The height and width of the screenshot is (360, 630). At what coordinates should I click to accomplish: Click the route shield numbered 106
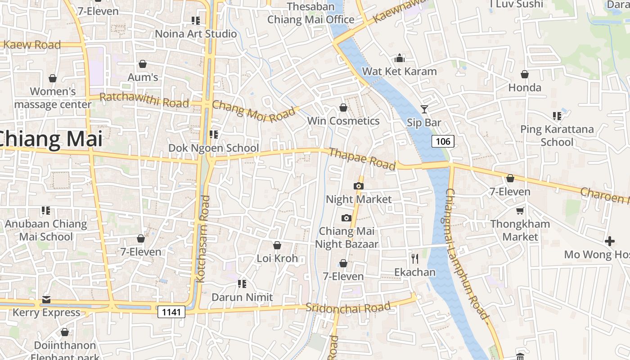coord(443,141)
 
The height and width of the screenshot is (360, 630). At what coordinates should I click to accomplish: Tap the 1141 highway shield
coord(171,312)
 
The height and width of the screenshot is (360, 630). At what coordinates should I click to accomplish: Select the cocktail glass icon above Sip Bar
coord(424,109)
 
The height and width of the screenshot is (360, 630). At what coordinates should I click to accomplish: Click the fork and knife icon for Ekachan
coord(415,259)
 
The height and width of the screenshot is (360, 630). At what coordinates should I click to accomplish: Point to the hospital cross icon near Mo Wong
coord(610,241)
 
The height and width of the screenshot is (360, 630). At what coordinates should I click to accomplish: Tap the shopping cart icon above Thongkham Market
coord(520,211)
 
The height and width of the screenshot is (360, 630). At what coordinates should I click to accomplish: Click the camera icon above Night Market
coord(359,186)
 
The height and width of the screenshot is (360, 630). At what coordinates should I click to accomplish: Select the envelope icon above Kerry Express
coord(46,299)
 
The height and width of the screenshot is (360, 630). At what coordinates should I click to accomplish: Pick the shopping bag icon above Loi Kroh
coord(277,245)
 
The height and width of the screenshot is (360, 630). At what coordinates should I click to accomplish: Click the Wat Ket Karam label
coord(399,72)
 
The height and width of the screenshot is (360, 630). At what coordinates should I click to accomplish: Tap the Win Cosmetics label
coord(343,121)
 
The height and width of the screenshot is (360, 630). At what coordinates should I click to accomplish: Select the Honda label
coord(525,88)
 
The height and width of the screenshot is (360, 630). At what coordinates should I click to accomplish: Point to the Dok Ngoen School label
coord(213,148)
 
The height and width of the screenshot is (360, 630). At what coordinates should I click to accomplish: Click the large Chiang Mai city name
coord(50,139)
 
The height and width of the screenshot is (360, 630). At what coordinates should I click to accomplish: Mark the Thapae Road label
coord(362,159)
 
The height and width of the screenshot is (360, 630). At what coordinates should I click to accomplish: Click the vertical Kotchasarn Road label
coord(203,238)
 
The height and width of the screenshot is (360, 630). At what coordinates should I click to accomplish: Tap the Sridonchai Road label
coord(348,307)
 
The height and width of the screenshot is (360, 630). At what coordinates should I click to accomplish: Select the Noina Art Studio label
coord(196,34)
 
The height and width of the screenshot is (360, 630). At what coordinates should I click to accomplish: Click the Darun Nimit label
coord(242,297)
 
